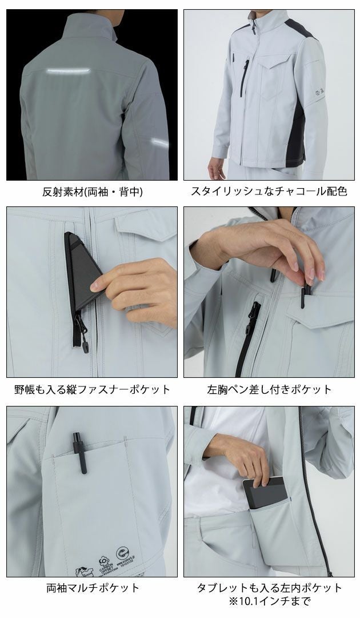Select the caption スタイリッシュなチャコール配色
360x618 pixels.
pyautogui.click(x=269, y=192)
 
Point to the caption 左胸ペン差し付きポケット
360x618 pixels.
pyautogui.click(x=269, y=389)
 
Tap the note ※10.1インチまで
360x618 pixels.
pyautogui.click(x=269, y=601)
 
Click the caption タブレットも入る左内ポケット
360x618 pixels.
pyautogui.click(x=269, y=587)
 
